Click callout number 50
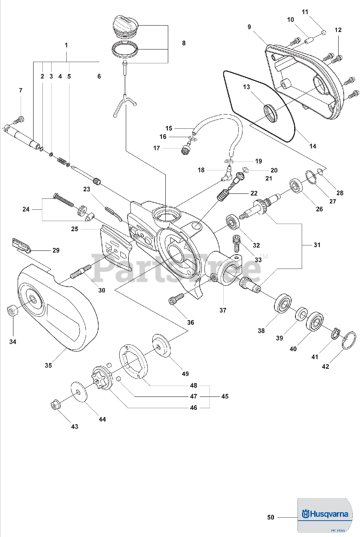pos(271,517)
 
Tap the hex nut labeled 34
pos(11,310)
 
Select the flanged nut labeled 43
pos(55,406)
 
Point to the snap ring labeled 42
pos(349,340)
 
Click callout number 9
pos(249,27)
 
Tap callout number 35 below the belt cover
pos(48,365)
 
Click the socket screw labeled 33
pos(236,243)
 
